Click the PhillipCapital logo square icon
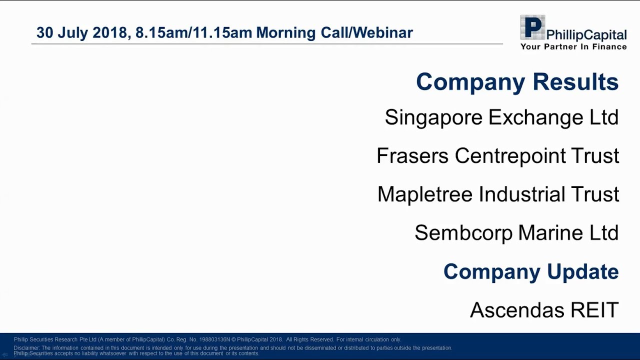pos(532,28)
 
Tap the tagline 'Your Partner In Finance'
pos(573,46)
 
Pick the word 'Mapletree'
pos(424,194)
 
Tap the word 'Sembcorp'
pos(463,233)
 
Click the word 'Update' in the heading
pos(582,271)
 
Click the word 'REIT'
pos(594,310)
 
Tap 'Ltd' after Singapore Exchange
pos(604,118)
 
